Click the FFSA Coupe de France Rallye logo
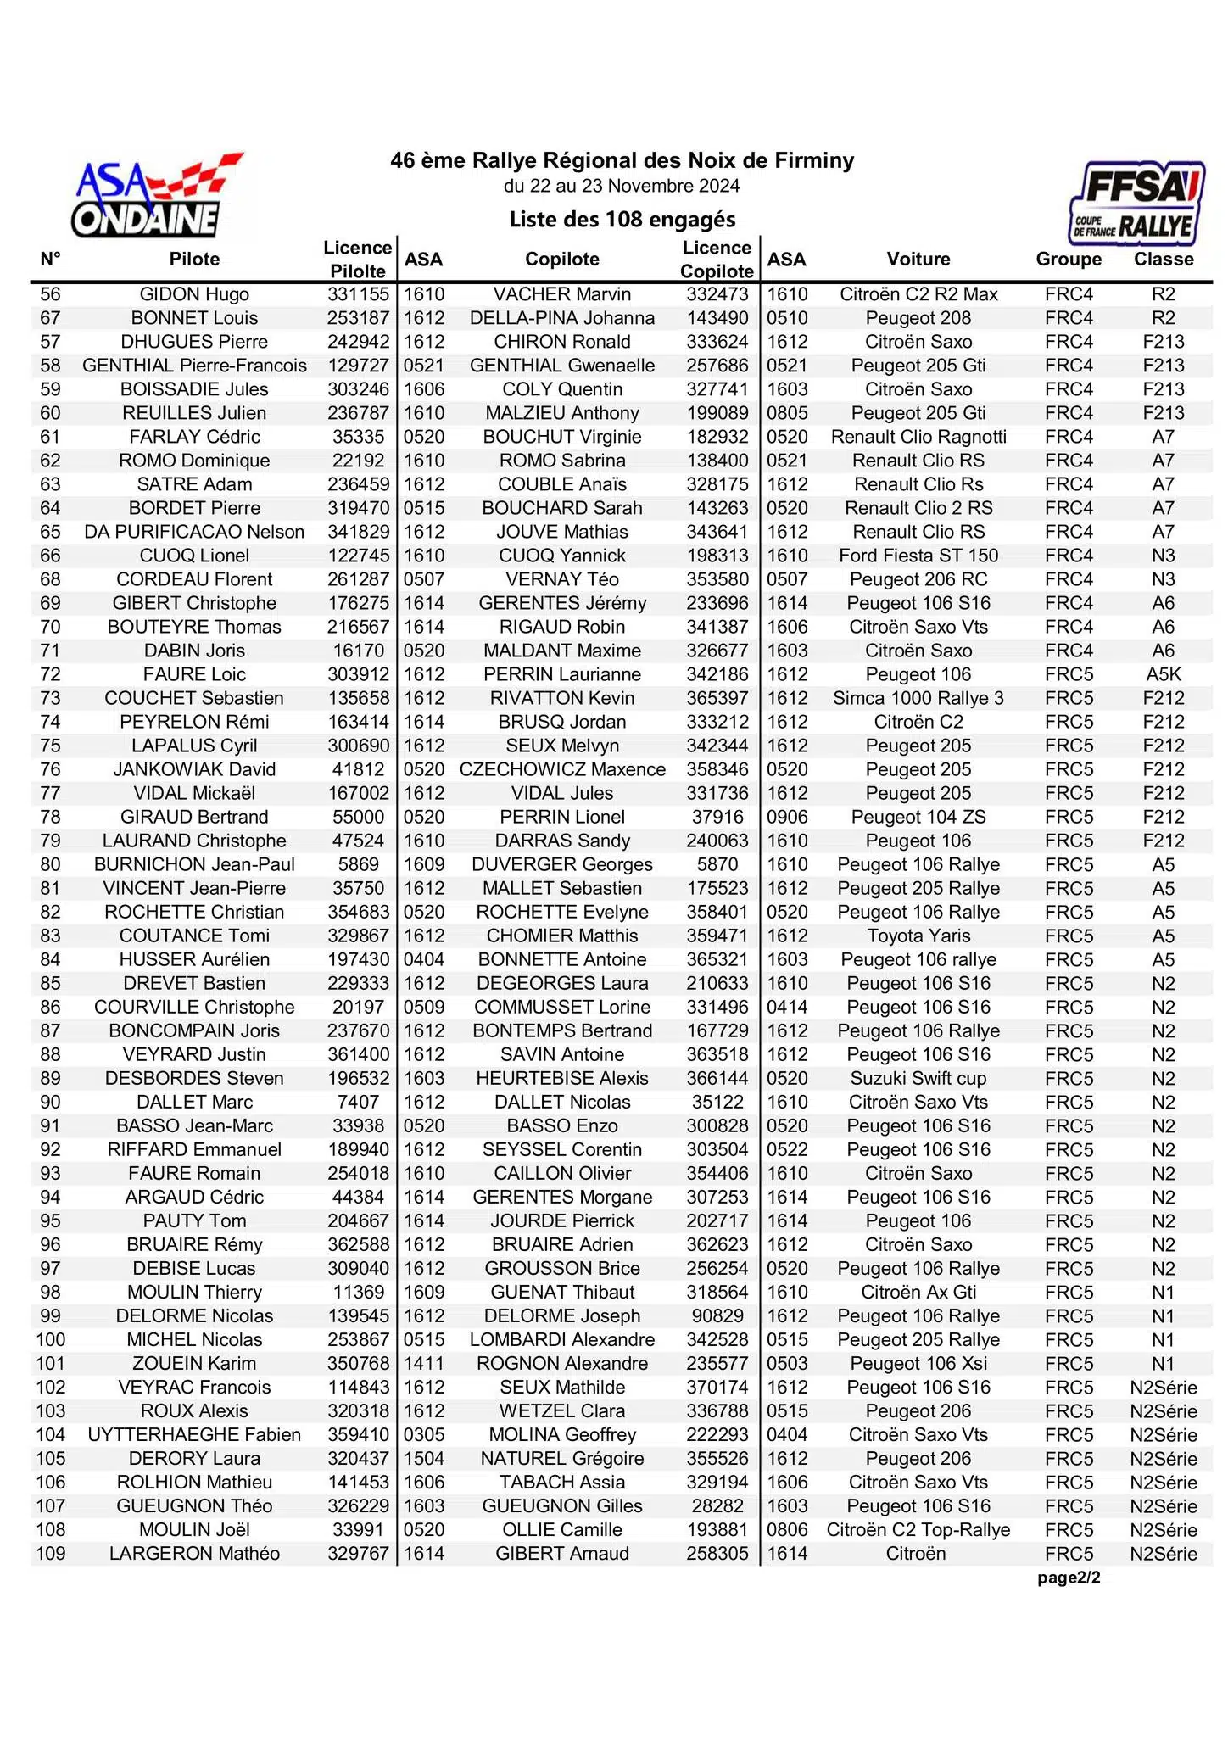point(1136,204)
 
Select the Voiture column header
point(918,260)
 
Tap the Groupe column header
point(1069,260)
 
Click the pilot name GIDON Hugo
point(194,294)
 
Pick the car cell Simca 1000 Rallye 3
point(918,698)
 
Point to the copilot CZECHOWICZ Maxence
point(562,769)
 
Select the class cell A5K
point(1164,674)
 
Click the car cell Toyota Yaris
point(918,936)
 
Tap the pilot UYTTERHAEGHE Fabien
point(194,1434)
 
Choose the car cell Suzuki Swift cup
point(918,1078)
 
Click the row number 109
point(51,1553)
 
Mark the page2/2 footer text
point(1069,1578)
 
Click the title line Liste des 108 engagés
point(622,220)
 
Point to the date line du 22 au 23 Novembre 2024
point(622,186)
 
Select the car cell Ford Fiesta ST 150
point(918,556)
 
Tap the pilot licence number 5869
point(358,864)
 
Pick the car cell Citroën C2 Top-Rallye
point(918,1529)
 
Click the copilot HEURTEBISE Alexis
point(562,1078)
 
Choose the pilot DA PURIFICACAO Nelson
point(194,532)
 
